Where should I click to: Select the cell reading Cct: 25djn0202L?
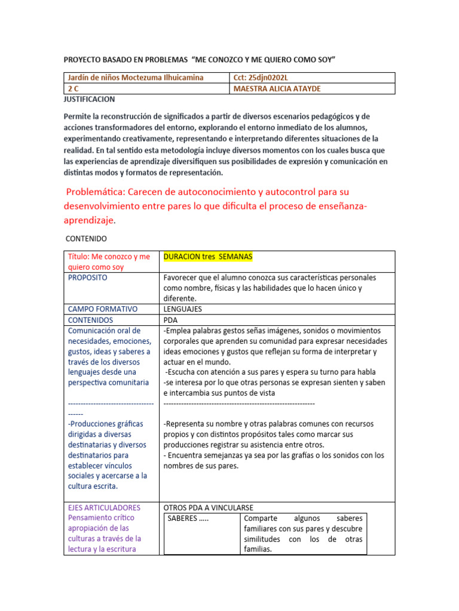pyautogui.click(x=263, y=78)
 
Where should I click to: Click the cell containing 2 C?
pyautogui.click(x=75, y=88)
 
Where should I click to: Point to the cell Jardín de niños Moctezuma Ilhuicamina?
pyautogui.click(x=136, y=78)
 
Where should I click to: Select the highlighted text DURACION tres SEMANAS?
pyautogui.click(x=207, y=257)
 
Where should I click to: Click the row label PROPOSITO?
pyautogui.click(x=88, y=277)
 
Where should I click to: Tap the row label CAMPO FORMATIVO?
pyautogui.click(x=103, y=309)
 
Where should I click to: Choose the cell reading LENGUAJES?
pyautogui.click(x=182, y=309)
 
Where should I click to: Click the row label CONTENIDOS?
pyautogui.click(x=90, y=320)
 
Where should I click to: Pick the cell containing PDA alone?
pyautogui.click(x=170, y=320)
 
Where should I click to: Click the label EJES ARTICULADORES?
pyautogui.click(x=104, y=507)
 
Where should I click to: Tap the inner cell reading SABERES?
pyautogui.click(x=188, y=518)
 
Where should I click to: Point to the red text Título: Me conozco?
pyautogui.click(x=109, y=257)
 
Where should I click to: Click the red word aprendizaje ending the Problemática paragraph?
pyautogui.click(x=88, y=220)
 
